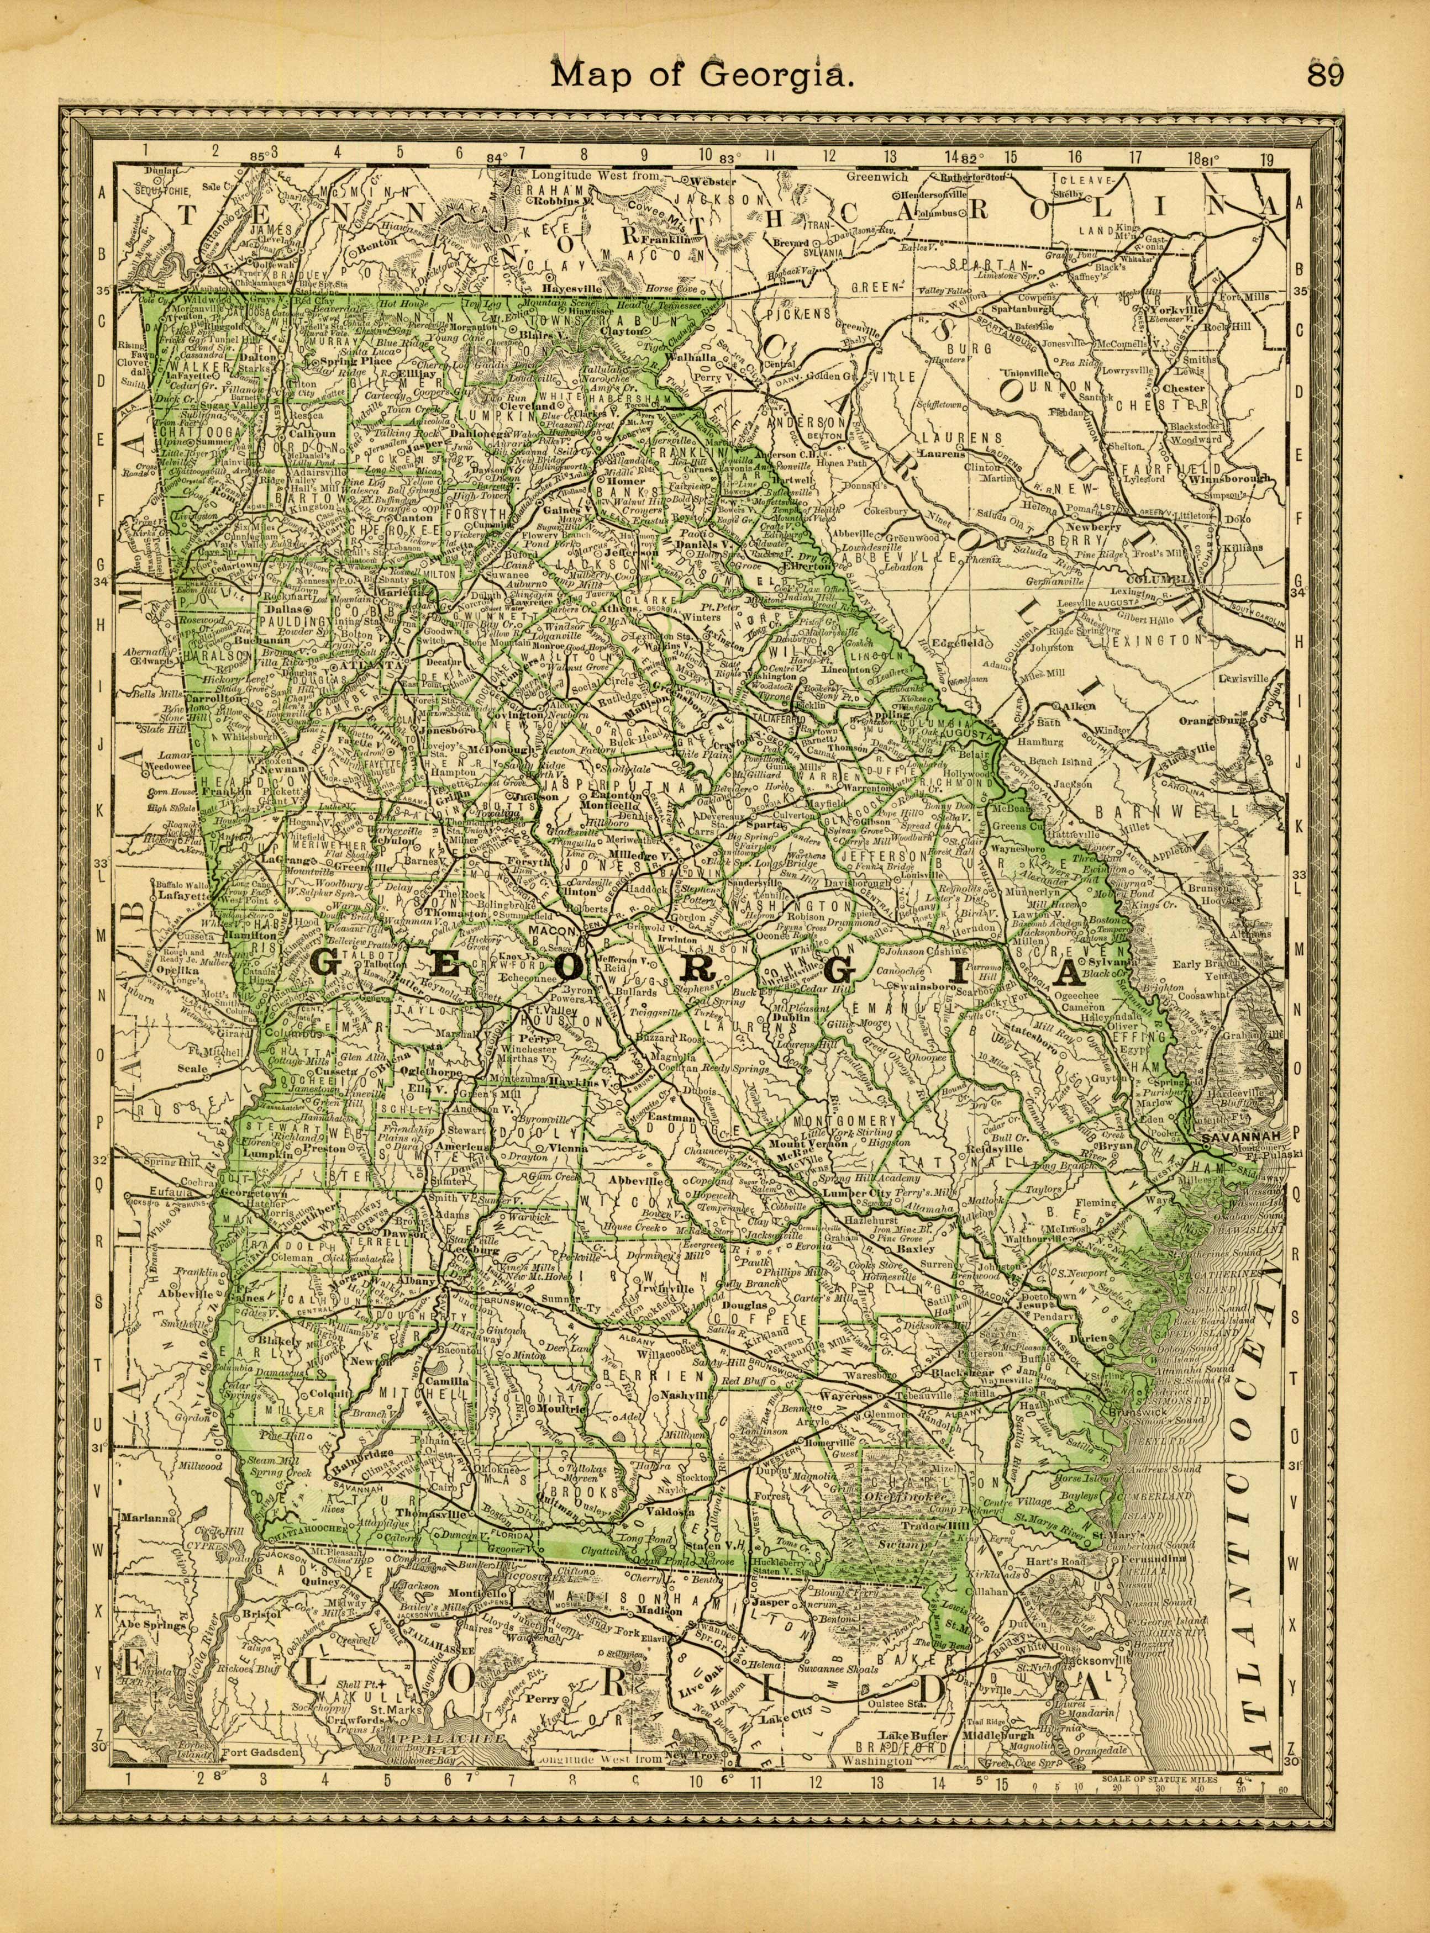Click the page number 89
click(x=1324, y=75)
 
